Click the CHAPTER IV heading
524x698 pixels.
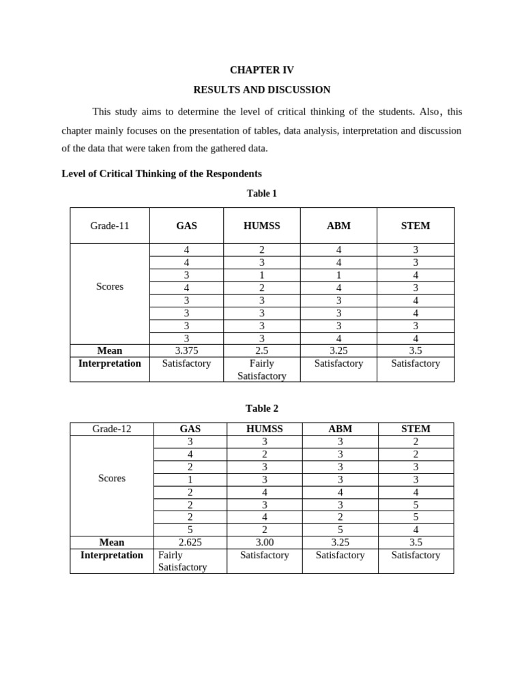261,70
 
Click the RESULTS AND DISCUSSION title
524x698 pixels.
261,89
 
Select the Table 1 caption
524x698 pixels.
261,194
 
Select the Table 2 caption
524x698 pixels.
261,408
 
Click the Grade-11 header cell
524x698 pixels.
110,226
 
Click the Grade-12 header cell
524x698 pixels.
112,429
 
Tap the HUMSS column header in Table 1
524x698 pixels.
261,226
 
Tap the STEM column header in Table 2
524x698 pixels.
416,429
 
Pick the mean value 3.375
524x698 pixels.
186,350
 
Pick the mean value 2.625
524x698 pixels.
190,543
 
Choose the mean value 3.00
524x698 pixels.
264,543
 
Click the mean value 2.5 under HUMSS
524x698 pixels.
261,350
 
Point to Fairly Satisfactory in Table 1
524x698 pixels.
261,369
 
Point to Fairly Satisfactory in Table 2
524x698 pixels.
182,561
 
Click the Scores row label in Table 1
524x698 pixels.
110,286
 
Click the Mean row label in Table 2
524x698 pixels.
112,543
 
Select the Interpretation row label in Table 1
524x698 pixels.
110,363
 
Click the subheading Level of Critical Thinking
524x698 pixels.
162,174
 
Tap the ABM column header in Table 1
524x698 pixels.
338,226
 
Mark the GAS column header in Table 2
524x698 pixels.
190,429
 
